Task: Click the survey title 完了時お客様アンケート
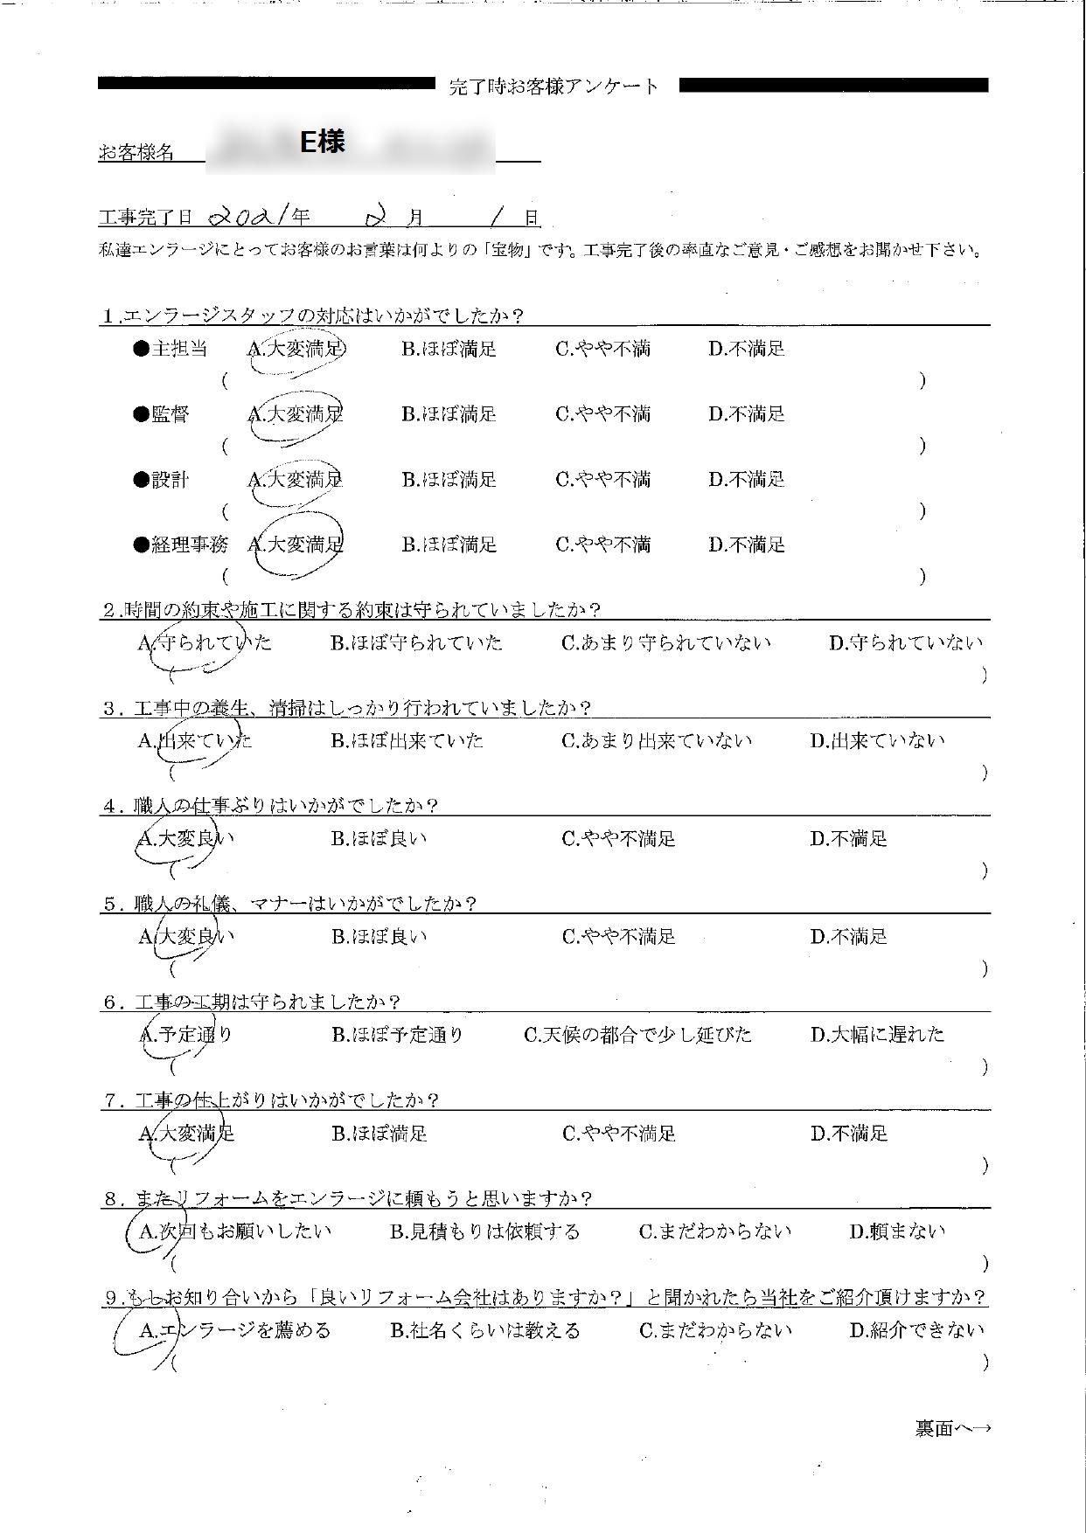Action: coord(553,87)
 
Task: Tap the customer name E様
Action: coord(322,142)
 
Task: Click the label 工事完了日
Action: coord(145,218)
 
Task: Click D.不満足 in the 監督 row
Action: coord(746,414)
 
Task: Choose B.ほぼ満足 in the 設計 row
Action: coord(449,480)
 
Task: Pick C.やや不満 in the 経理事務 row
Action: coord(602,545)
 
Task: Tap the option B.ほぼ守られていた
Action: coord(416,643)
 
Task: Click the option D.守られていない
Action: coord(905,643)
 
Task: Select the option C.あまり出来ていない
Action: coord(656,741)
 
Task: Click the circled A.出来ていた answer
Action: coord(195,741)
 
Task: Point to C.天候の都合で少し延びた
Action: coord(637,1035)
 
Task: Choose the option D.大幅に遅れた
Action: coord(877,1035)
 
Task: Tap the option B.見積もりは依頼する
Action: coord(484,1231)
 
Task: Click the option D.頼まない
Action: coord(897,1231)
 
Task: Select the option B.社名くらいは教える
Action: coord(484,1330)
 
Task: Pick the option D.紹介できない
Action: coord(916,1330)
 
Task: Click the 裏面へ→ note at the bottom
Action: coord(952,1428)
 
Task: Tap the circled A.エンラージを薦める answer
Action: coord(234,1330)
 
